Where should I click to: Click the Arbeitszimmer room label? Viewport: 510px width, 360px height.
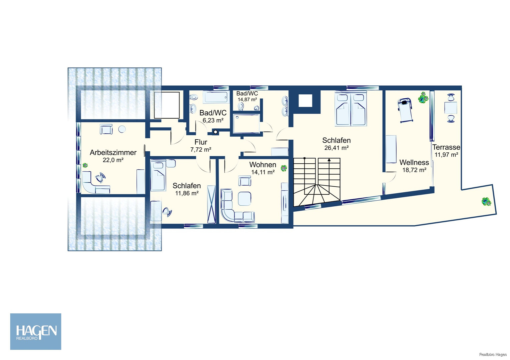point(113,152)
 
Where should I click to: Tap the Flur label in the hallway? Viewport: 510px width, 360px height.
point(200,142)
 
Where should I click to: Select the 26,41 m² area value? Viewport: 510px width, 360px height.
point(336,148)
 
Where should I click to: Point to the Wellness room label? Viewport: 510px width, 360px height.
point(414,162)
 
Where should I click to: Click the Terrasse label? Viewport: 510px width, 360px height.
point(446,147)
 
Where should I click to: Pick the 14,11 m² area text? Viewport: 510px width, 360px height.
point(263,172)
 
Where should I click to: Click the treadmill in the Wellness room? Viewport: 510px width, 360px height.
point(405,110)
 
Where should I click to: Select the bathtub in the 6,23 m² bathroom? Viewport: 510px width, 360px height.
point(215,97)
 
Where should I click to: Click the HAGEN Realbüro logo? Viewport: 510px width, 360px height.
point(36,331)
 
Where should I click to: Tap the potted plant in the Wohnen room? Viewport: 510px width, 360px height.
point(284,168)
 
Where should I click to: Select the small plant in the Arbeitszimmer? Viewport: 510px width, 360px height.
point(85,165)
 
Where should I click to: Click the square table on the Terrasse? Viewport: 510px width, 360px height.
point(451,108)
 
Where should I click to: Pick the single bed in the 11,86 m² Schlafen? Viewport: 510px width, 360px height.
point(158,175)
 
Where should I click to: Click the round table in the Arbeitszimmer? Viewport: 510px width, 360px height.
point(122,129)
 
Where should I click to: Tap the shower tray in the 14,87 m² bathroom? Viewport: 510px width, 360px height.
point(246,124)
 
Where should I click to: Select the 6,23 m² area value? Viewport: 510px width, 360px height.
point(213,120)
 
